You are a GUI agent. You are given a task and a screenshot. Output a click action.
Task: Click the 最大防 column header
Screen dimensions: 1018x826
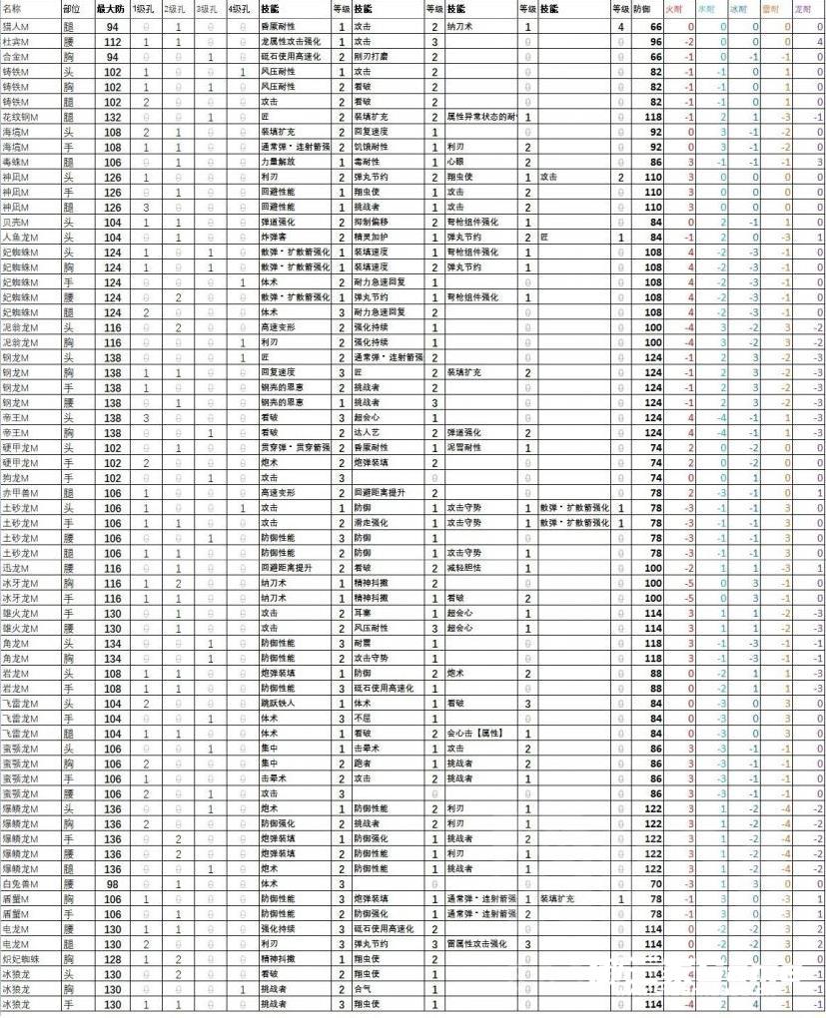pyautogui.click(x=111, y=8)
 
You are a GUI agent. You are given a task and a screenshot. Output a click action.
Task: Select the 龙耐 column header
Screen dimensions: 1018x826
pyautogui.click(x=802, y=8)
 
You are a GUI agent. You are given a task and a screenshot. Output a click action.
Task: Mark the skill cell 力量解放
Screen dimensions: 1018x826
pyautogui.click(x=276, y=162)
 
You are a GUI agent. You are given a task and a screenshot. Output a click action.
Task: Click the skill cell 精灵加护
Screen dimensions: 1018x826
pyautogui.click(x=370, y=238)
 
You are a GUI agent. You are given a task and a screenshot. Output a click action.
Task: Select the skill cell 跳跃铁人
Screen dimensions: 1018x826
pyautogui.click(x=276, y=703)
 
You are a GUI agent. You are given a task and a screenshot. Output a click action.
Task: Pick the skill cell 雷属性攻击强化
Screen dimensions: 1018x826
pyautogui.click(x=477, y=943)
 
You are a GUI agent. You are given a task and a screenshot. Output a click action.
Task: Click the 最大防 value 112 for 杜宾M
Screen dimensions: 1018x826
pyautogui.click(x=111, y=42)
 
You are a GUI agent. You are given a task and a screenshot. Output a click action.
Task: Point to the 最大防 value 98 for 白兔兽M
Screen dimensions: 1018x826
pyautogui.click(x=113, y=883)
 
